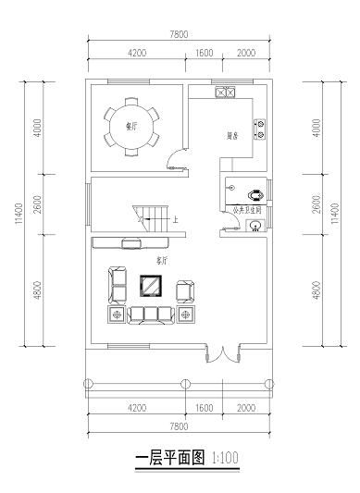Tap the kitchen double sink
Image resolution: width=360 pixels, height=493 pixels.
point(226,92)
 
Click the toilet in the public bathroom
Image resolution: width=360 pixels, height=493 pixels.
point(254,195)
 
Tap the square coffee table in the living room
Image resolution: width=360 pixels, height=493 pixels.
point(150,285)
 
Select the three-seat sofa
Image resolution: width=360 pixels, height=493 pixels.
point(151,315)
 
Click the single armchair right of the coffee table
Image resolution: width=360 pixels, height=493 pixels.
point(185,289)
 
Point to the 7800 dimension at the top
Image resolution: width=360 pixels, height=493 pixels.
point(180,34)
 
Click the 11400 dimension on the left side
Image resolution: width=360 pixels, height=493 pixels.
point(17,215)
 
